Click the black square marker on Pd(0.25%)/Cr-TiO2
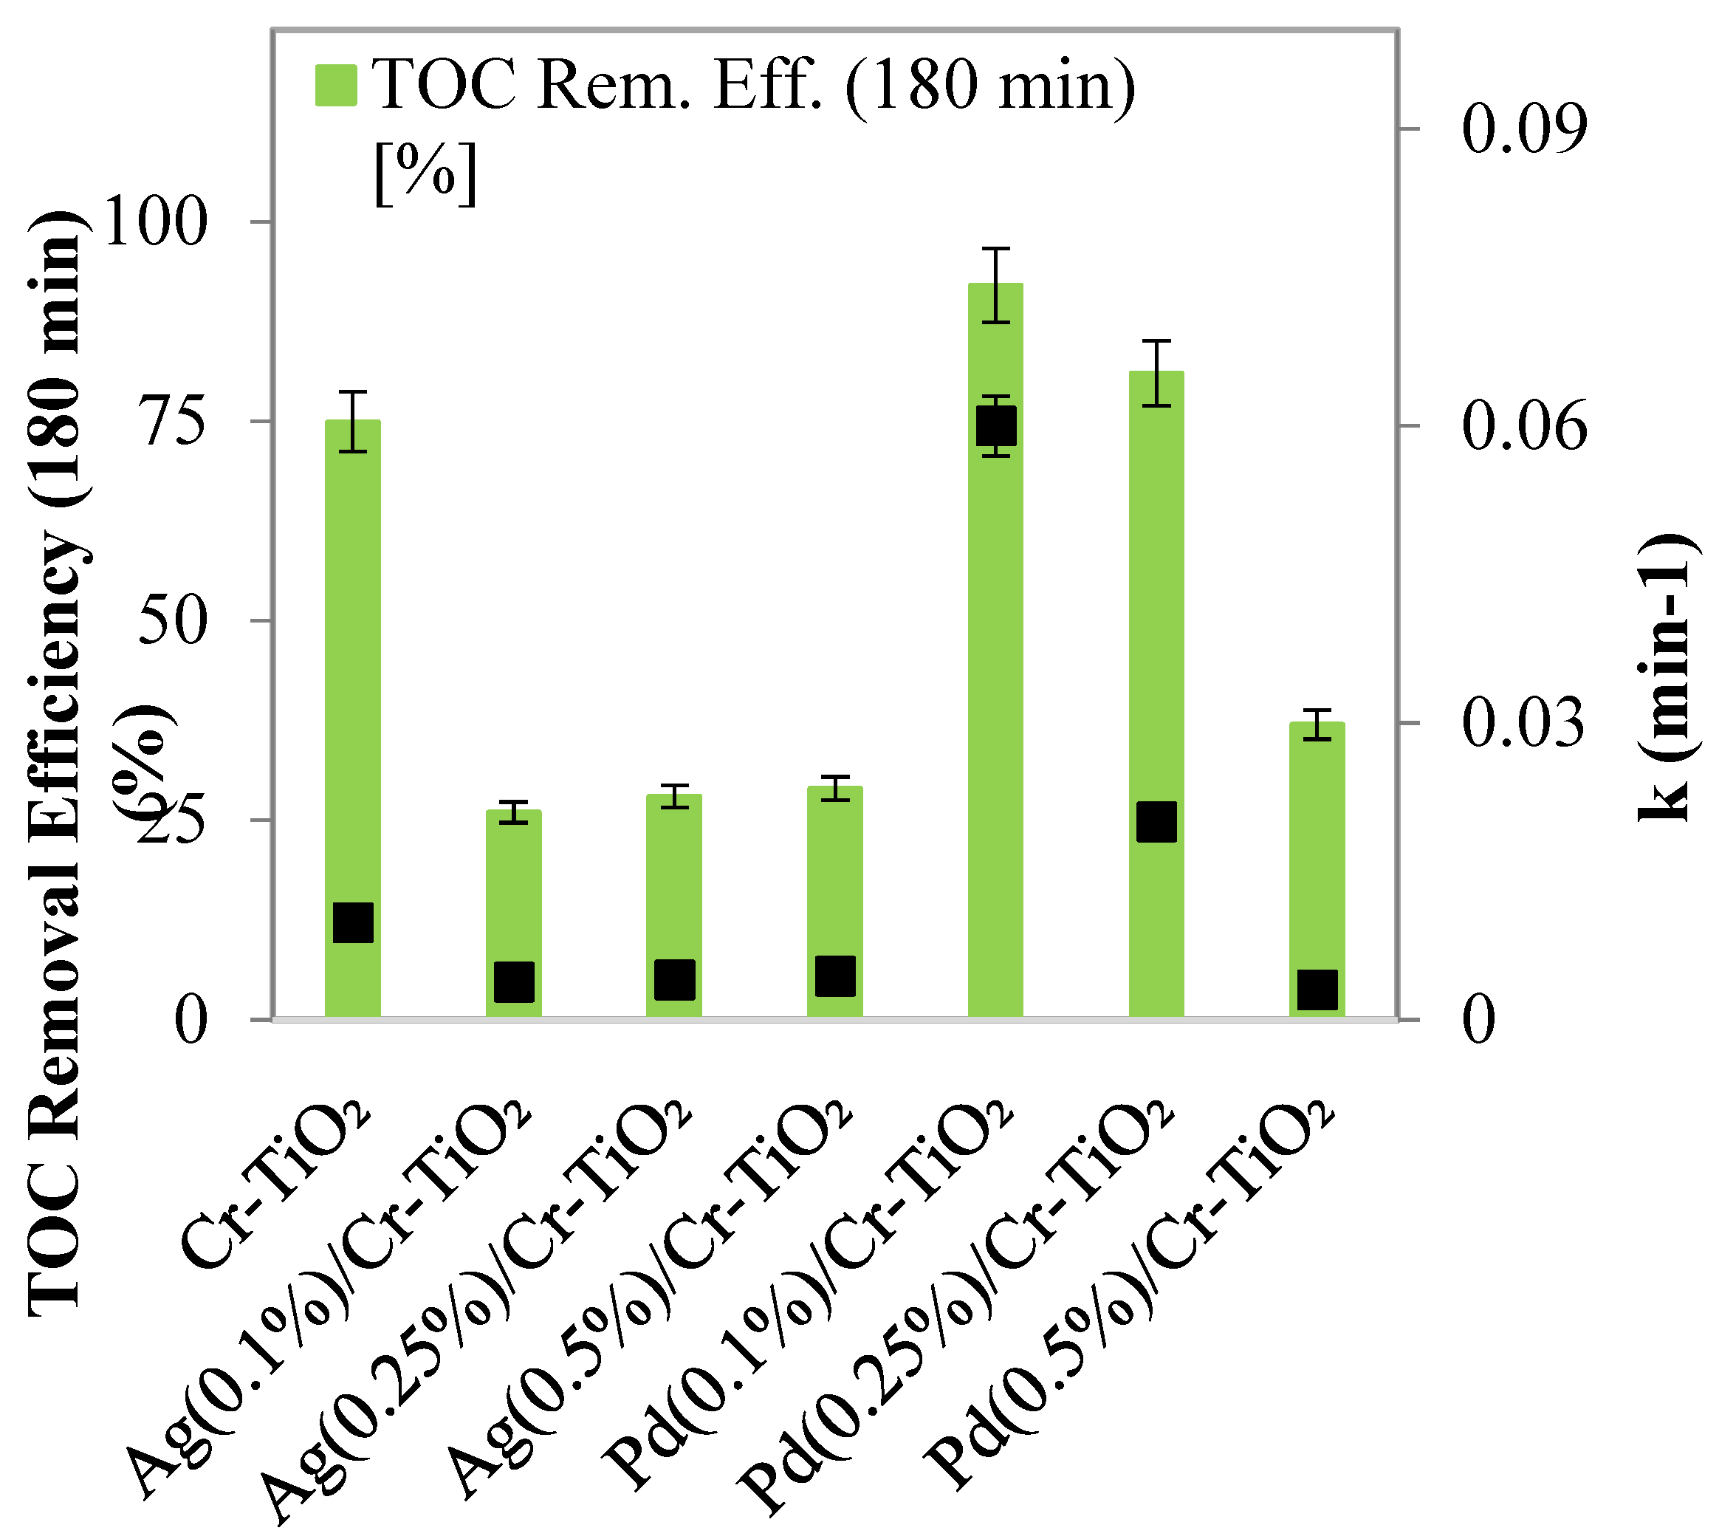coord(1156,822)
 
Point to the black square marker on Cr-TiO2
coord(353,922)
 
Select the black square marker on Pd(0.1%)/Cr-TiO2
coord(995,425)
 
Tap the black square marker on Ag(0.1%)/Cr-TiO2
coord(513,981)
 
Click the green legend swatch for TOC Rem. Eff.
coord(336,85)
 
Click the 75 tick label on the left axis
coord(174,422)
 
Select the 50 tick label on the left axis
coord(174,620)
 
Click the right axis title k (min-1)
coord(1662,676)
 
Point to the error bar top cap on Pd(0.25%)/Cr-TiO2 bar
coord(1156,340)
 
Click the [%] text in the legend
coord(425,174)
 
